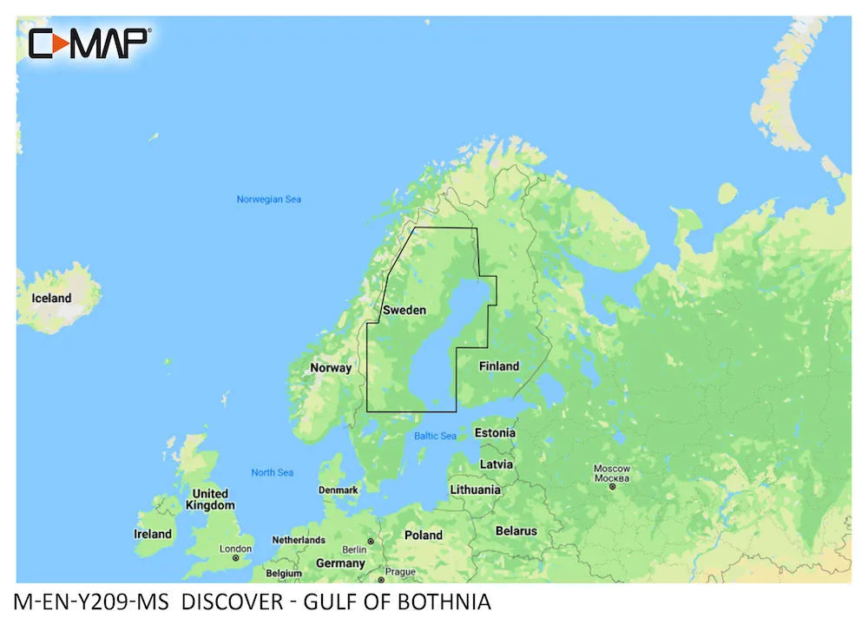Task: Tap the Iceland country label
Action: point(51,298)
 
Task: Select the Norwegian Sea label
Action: point(269,200)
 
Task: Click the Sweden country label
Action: point(404,310)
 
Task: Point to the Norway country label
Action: point(331,367)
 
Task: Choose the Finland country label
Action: point(499,366)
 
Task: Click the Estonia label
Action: point(495,432)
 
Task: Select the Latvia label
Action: point(496,464)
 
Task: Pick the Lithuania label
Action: point(475,490)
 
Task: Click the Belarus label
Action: point(516,530)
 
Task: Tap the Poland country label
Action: point(424,535)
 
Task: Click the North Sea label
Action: point(272,472)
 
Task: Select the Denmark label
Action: point(338,490)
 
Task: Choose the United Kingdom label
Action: point(210,499)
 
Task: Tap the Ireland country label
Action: point(153,534)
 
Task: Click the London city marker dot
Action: point(235,558)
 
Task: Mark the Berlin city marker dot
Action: point(371,541)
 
